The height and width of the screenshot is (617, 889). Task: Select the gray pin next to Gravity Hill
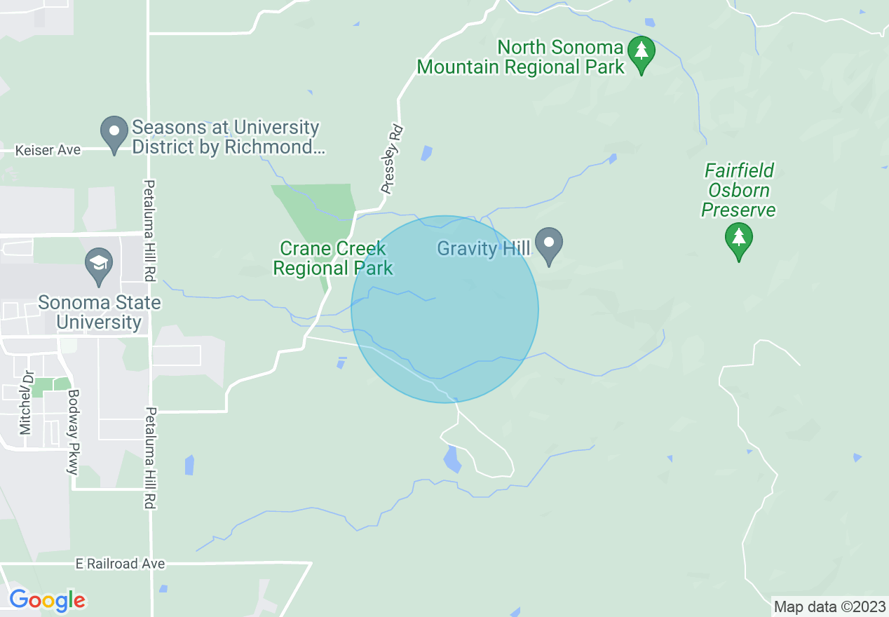click(x=549, y=244)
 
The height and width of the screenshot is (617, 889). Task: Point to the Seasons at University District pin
click(x=114, y=133)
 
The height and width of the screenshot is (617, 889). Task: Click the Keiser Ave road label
click(x=49, y=150)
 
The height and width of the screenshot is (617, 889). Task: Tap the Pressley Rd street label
click(x=393, y=159)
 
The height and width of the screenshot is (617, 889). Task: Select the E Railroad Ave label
click(x=121, y=564)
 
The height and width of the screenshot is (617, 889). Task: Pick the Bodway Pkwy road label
click(x=73, y=432)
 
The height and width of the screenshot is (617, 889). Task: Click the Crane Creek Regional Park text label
click(x=333, y=258)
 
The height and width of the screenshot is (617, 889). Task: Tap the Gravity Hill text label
click(x=484, y=249)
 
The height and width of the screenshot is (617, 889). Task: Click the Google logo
click(x=47, y=600)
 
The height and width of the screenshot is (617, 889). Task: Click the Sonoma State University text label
click(x=99, y=313)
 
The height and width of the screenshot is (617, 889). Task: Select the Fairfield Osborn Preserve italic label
click(x=739, y=190)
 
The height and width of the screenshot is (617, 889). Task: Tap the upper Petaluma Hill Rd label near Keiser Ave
click(x=149, y=231)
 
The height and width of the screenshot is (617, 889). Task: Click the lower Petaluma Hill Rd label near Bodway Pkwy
click(x=149, y=458)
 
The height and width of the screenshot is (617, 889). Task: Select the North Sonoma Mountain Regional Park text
click(x=520, y=57)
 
